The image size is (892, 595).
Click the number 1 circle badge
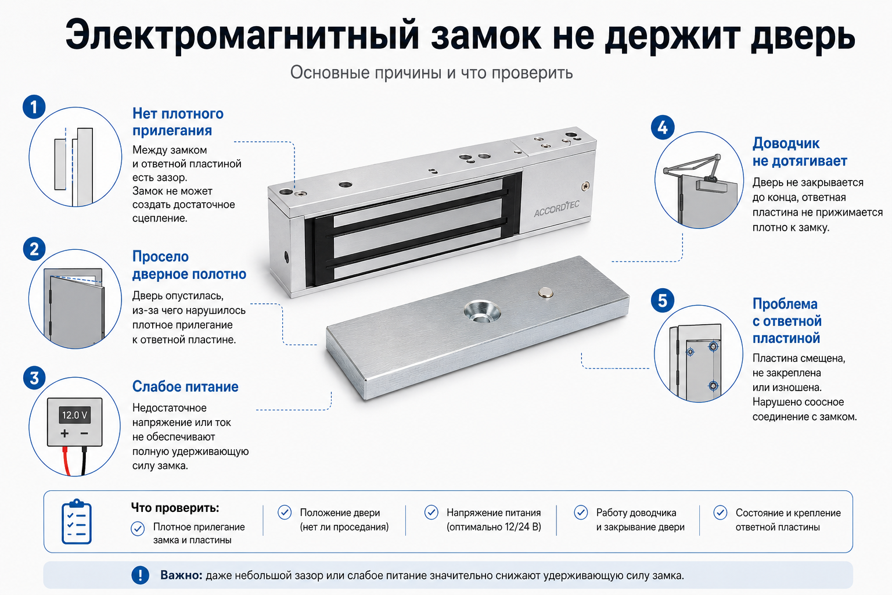(34, 107)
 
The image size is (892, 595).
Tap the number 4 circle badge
(662, 127)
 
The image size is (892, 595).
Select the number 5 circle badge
(662, 300)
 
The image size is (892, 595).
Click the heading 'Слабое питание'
(185, 386)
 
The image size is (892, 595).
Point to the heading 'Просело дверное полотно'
(189, 265)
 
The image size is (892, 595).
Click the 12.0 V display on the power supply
(74, 415)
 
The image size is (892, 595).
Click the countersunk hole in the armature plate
(482, 311)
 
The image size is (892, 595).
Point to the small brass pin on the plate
(545, 292)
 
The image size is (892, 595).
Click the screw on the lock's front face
(585, 186)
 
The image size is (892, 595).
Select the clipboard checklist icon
(77, 521)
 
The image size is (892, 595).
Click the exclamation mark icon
(140, 575)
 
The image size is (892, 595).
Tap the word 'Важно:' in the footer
(181, 575)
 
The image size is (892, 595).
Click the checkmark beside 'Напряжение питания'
(431, 512)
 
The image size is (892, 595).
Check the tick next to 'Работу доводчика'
(581, 512)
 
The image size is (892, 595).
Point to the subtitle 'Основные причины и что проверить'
(431, 73)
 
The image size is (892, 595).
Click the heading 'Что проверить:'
(175, 508)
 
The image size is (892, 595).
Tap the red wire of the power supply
(66, 461)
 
